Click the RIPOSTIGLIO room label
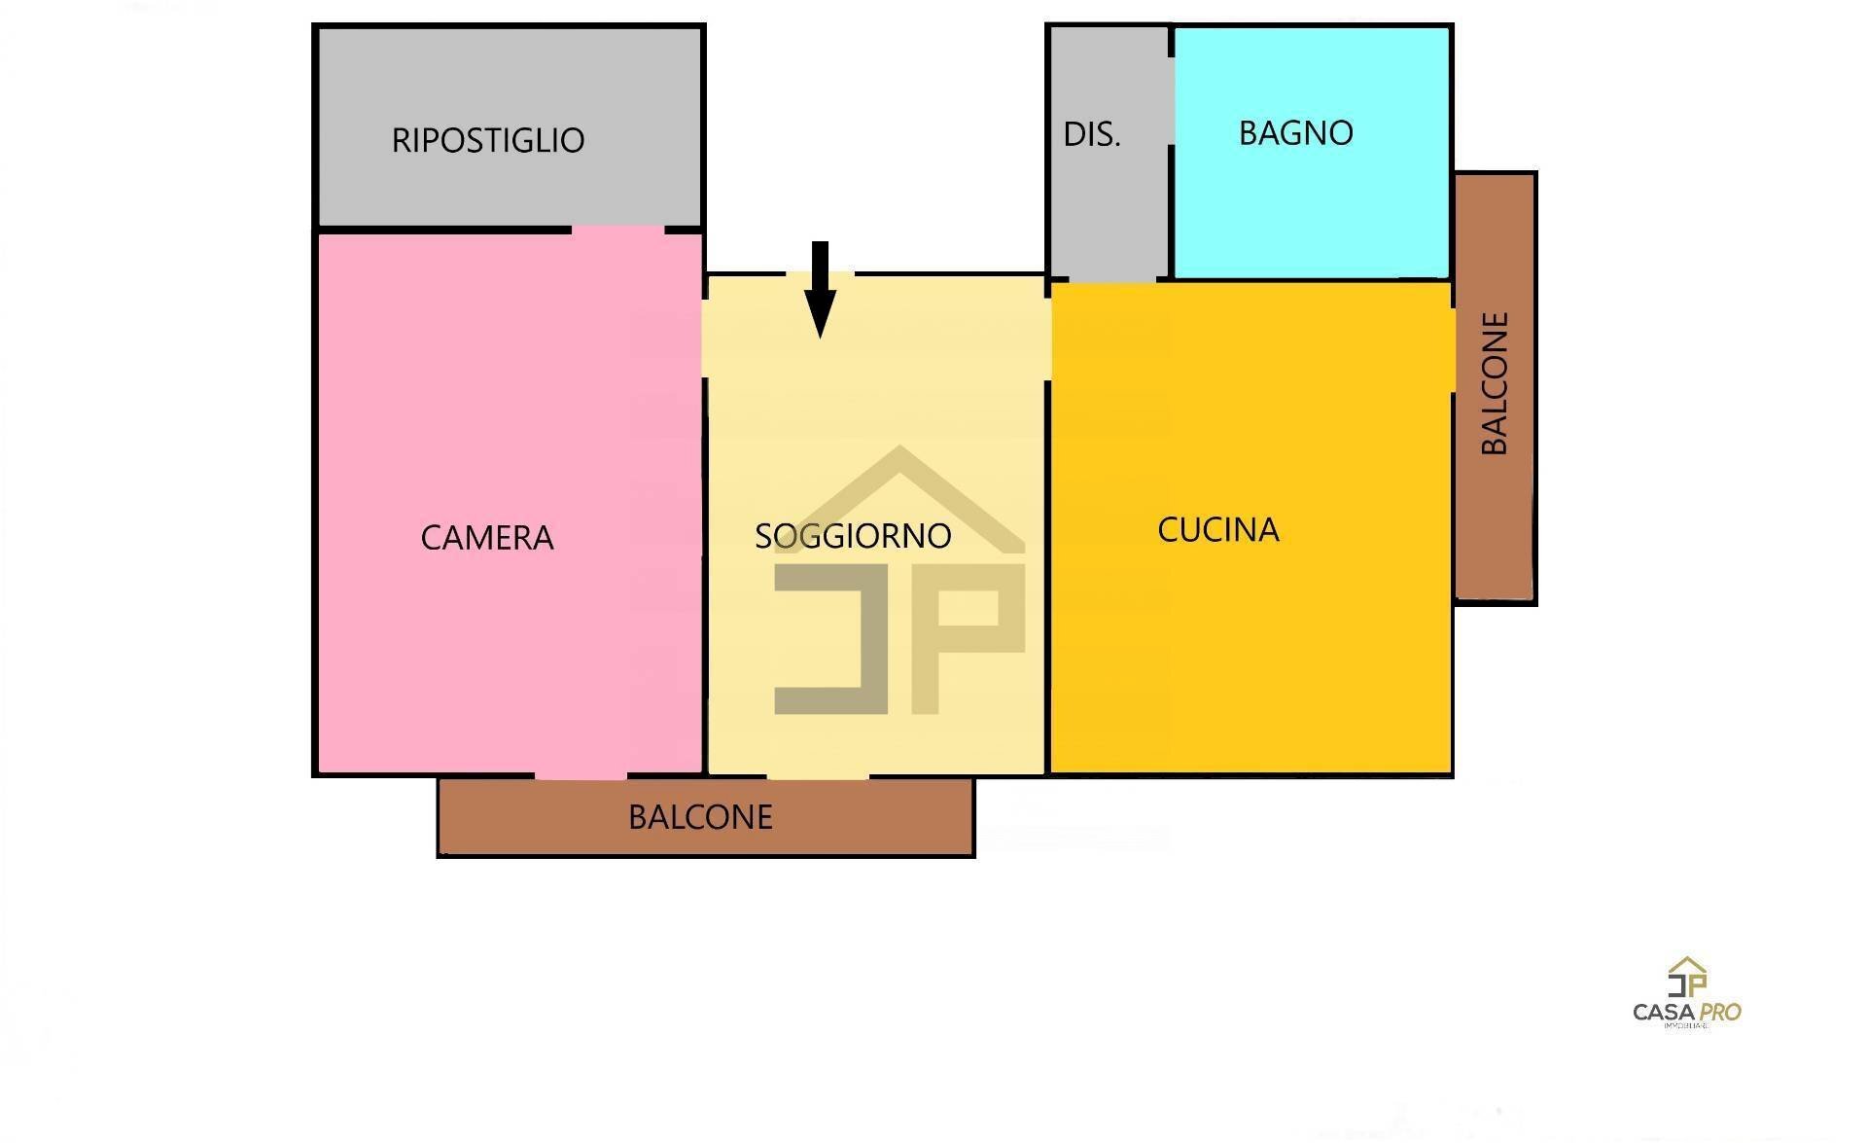pos(488,140)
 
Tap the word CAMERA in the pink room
pos(486,537)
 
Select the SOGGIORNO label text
pos(853,536)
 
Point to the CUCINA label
pos(1217,530)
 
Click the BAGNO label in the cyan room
pos(1295,133)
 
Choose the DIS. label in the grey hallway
pos(1091,134)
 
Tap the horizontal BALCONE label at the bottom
pos(700,817)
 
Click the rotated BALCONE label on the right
pos(1495,383)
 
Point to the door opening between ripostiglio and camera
pos(617,231)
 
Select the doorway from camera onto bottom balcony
pos(581,776)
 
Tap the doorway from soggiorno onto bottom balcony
pos(818,776)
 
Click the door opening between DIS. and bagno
pos(1172,102)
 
